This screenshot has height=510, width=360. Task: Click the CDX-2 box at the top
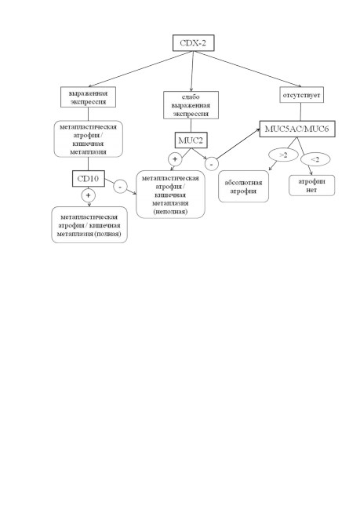pos(193,43)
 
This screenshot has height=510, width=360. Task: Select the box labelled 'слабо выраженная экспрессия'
pos(191,105)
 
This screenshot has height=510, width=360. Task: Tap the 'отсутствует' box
pos(301,95)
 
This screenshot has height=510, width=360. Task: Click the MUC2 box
pos(191,140)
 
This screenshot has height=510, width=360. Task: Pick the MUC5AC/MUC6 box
pos(297,129)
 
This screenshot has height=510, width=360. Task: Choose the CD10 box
pos(89,179)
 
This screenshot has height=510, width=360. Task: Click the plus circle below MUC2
pos(175,159)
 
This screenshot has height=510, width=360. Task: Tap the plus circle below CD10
pos(88,195)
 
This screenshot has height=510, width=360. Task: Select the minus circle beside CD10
pos(120,187)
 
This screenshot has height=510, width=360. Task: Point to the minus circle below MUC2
pos(212,164)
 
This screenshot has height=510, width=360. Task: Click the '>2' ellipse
pos(284,155)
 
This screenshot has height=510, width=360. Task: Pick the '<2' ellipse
pos(315,159)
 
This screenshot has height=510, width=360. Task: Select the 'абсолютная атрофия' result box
pos(244,187)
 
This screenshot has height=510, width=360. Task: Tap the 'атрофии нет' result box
pos(311,185)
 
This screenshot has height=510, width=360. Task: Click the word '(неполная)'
pos(170,212)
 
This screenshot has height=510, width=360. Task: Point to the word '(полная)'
pos(107,234)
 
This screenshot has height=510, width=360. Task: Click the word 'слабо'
pos(191,97)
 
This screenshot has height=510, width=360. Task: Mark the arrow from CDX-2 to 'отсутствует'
pos(248,69)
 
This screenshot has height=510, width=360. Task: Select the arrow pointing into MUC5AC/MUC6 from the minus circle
pos(239,143)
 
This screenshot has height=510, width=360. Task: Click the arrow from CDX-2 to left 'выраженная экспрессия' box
pos(140,69)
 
